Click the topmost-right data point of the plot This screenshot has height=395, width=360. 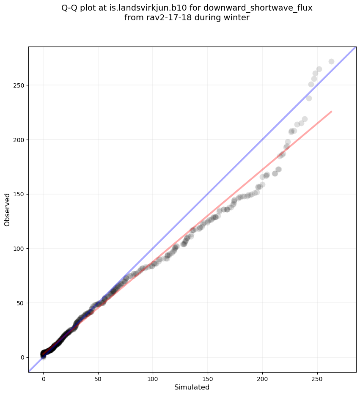pos(331,61)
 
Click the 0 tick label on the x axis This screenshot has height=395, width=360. pos(43,378)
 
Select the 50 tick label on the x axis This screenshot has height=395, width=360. pos(98,378)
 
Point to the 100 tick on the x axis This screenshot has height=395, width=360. pos(153,378)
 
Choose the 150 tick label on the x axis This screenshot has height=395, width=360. pos(207,378)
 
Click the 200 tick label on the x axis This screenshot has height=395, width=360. pos(262,378)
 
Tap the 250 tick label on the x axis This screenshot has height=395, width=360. pos(317,378)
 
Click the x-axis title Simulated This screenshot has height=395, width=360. pos(192,387)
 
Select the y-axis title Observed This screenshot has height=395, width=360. pos(7,209)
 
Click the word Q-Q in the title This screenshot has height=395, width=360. pos(70,8)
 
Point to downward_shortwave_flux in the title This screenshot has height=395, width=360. pos(258,8)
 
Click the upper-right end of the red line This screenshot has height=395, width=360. pos(331,111)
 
